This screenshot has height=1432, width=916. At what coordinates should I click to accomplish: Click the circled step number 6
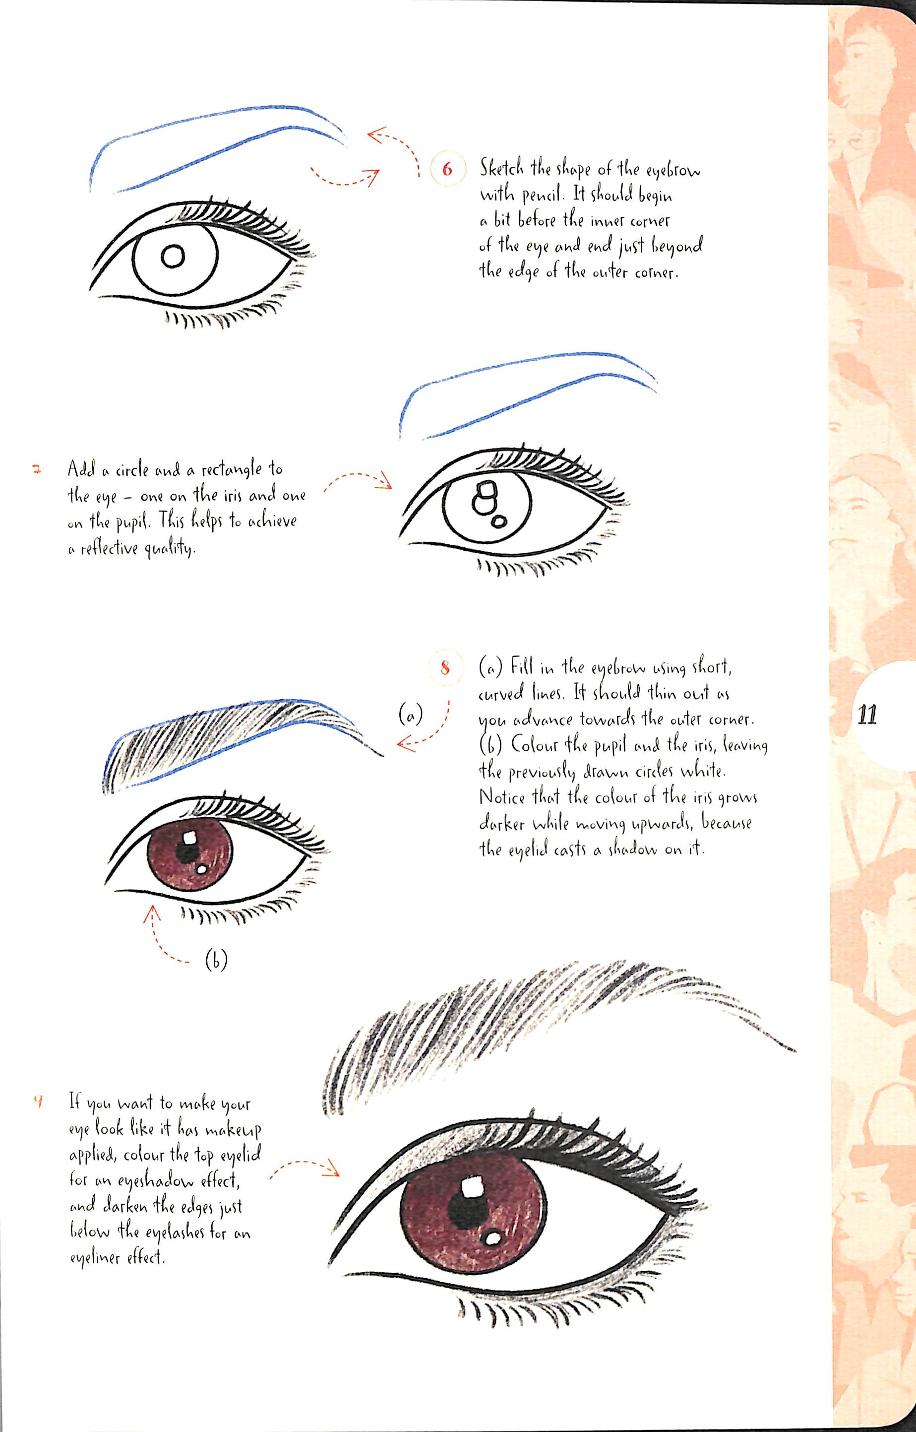pyautogui.click(x=447, y=170)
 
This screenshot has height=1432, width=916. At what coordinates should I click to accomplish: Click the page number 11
pyautogui.click(x=867, y=715)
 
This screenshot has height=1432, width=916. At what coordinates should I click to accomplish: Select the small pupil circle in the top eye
pyautogui.click(x=173, y=257)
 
